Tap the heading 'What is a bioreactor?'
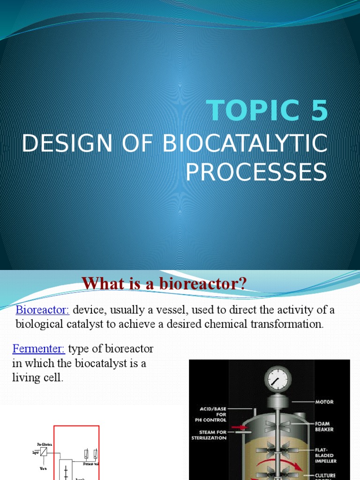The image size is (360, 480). (164, 284)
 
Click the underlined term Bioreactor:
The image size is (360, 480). (43, 310)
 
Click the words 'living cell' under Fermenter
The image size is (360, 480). (37, 378)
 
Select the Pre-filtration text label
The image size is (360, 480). (45, 444)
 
